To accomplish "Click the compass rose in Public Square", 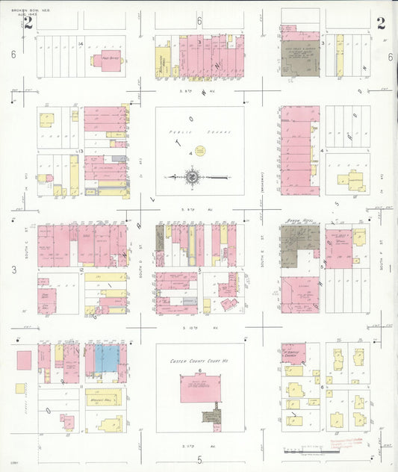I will click(x=193, y=178).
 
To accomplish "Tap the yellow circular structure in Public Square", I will click(x=199, y=151).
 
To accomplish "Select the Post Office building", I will click(x=109, y=61).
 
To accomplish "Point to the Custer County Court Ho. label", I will click(x=199, y=362).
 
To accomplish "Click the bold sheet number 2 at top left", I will click(x=28, y=22).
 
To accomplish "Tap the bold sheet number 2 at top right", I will click(x=381, y=22).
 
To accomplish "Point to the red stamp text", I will click(x=346, y=444).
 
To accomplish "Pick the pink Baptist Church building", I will click(x=298, y=355).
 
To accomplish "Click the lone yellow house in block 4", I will click(x=350, y=180).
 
